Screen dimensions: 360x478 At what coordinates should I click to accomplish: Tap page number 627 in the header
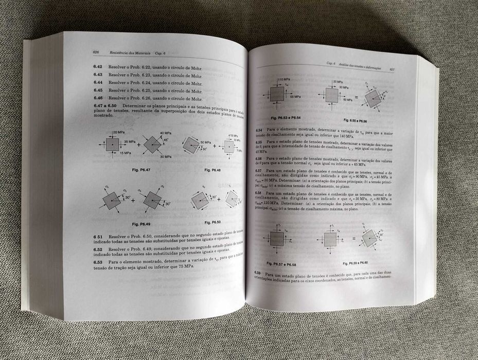pyautogui.click(x=392, y=69)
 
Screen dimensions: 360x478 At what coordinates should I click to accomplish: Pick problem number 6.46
pyautogui.click(x=98, y=98)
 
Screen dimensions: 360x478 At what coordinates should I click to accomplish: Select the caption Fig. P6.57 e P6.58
pyautogui.click(x=282, y=263)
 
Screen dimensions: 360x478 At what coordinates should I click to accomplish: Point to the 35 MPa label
pyautogui.click(x=129, y=141)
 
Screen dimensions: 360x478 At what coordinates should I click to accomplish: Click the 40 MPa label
pyautogui.click(x=166, y=133)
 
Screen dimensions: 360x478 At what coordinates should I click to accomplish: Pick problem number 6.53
pyautogui.click(x=98, y=262)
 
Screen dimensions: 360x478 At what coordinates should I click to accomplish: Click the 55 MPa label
pyautogui.click(x=295, y=97)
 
